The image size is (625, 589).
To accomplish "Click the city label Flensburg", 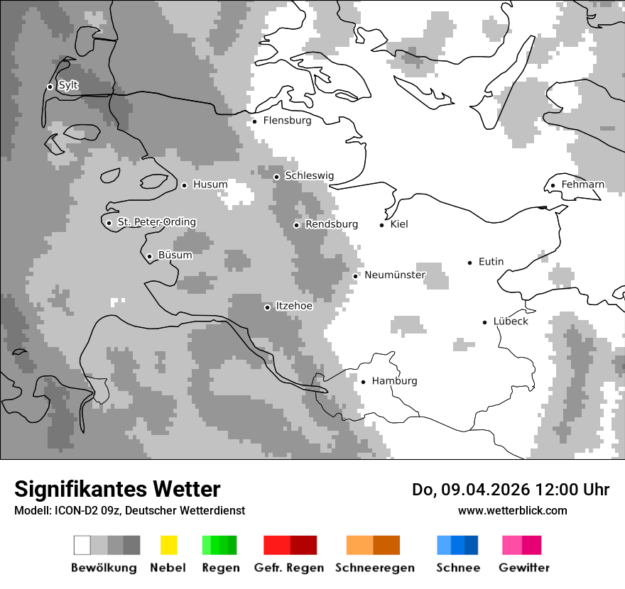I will click(x=287, y=121).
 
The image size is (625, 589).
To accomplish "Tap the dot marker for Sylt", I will click(x=50, y=87).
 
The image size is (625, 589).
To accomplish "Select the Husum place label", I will click(x=210, y=185).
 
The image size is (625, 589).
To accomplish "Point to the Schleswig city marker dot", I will click(x=277, y=177).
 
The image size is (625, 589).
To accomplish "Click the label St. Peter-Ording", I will click(x=156, y=222).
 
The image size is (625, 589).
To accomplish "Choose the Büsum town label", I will click(x=175, y=255).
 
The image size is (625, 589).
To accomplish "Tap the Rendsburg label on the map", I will click(x=331, y=224).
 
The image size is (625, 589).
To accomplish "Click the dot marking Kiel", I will click(x=382, y=225).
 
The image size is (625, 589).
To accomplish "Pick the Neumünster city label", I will click(x=394, y=275).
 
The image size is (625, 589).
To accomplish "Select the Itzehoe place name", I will click(x=293, y=306).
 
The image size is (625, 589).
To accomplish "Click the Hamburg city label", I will click(x=394, y=381).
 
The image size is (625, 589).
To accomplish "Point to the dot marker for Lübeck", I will click(x=485, y=322).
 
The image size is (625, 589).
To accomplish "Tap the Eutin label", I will click(x=491, y=262).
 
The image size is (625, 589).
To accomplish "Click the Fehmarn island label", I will click(x=582, y=185).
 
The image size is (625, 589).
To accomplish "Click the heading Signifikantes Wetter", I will click(x=117, y=489).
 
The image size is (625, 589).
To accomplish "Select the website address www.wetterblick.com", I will click(x=512, y=510).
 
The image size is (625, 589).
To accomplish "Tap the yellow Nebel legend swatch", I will click(x=168, y=545).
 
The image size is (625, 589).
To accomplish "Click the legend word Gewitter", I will click(x=523, y=568).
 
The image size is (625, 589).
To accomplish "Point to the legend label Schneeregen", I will click(x=374, y=568).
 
